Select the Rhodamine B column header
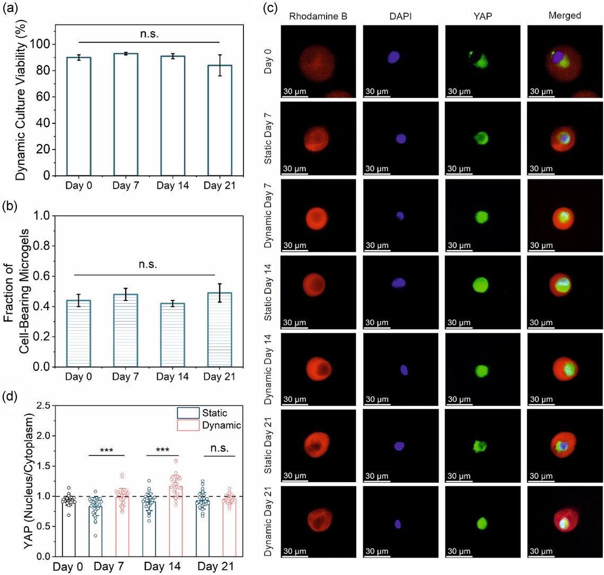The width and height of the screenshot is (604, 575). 311,16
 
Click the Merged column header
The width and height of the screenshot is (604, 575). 565,16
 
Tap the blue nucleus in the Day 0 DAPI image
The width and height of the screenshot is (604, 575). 393,57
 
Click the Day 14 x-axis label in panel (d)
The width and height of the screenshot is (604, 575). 163,567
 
